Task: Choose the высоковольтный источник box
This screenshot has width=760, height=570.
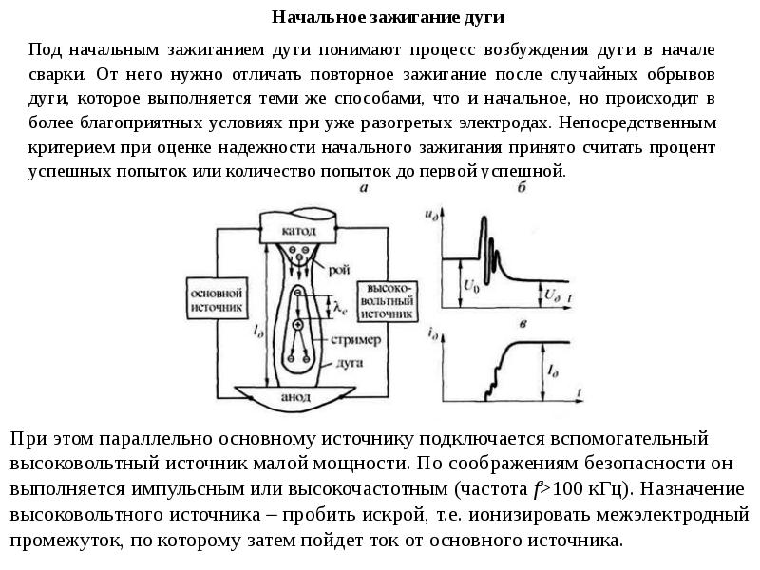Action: click(x=386, y=301)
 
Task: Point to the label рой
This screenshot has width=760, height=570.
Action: click(x=339, y=269)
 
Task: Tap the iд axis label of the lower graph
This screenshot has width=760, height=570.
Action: click(x=433, y=332)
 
